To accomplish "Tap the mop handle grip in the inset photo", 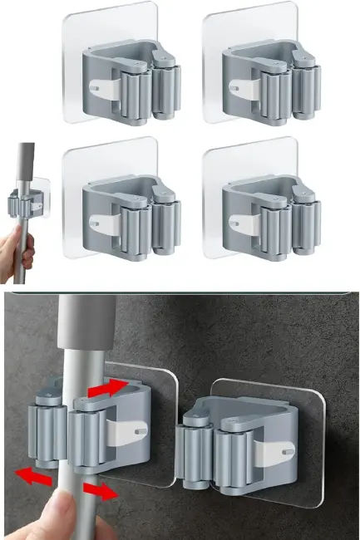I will click(x=27, y=162).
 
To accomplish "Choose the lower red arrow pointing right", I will click(x=100, y=492).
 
